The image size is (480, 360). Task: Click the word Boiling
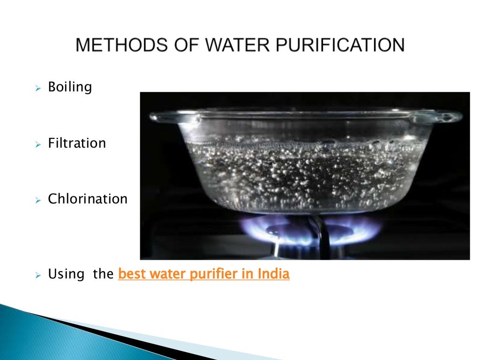(70, 88)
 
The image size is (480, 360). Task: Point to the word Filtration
(77, 143)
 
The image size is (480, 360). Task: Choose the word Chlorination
(88, 199)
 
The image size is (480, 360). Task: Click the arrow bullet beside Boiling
(39, 88)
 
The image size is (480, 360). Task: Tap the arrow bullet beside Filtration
(39, 143)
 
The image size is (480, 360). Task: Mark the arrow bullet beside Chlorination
(39, 199)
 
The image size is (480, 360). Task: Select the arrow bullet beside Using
(39, 274)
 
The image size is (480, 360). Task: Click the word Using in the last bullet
(66, 274)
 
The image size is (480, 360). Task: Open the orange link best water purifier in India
(204, 274)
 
